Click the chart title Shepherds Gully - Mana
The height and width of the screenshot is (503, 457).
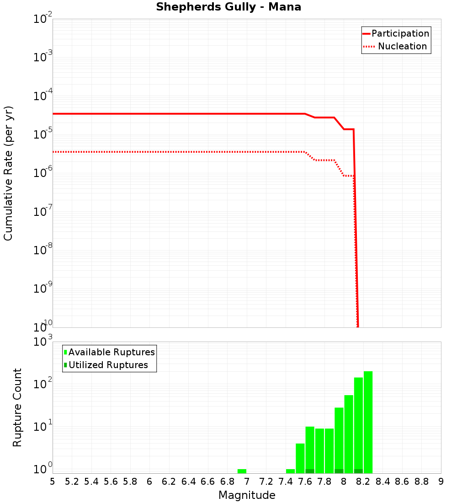[x=228, y=7]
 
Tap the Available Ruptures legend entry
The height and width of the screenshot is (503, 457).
[x=110, y=353]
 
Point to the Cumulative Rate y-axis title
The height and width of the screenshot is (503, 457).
[x=9, y=173]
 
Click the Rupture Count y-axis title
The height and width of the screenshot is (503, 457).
[x=17, y=407]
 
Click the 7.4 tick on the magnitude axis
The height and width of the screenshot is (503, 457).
[x=286, y=482]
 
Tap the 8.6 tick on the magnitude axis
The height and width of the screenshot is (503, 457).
[x=402, y=482]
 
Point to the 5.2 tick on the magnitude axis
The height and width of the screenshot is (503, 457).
[x=72, y=482]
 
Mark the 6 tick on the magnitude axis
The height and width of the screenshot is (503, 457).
[x=149, y=482]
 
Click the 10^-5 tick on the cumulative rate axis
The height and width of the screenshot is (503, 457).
[x=43, y=134]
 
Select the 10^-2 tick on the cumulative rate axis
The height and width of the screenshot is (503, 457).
[x=43, y=19]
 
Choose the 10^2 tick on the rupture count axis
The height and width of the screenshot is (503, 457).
[x=44, y=384]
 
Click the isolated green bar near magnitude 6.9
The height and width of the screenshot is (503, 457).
[x=242, y=471]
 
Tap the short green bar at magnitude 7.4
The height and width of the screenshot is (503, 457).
[x=290, y=471]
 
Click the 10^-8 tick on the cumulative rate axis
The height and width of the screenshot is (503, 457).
[x=43, y=250]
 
